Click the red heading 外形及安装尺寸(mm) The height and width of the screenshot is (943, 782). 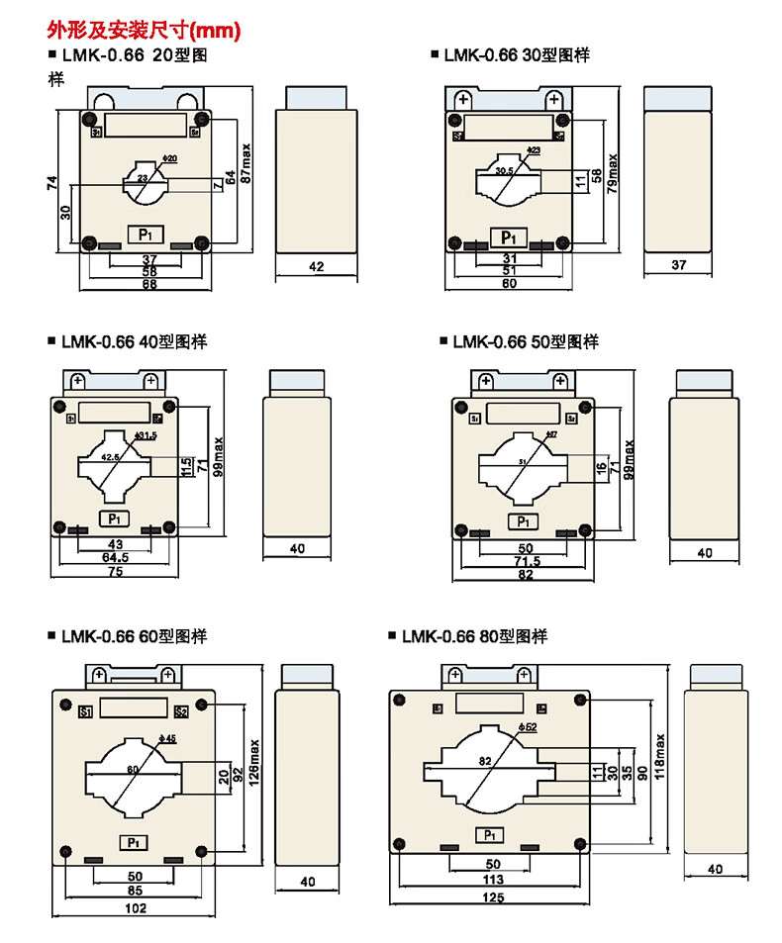145,31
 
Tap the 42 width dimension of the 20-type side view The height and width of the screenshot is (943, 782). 317,266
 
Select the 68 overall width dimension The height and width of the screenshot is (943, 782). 148,286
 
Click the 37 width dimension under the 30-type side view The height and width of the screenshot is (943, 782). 678,265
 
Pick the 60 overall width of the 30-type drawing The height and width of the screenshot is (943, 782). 508,283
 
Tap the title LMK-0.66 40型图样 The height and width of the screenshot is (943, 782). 137,342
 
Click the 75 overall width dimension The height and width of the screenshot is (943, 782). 115,572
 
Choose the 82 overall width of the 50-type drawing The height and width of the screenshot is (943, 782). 524,575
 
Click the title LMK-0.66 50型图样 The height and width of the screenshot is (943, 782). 525,342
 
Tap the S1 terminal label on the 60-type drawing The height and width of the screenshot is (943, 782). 84,711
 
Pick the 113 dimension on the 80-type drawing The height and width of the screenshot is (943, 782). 493,879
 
